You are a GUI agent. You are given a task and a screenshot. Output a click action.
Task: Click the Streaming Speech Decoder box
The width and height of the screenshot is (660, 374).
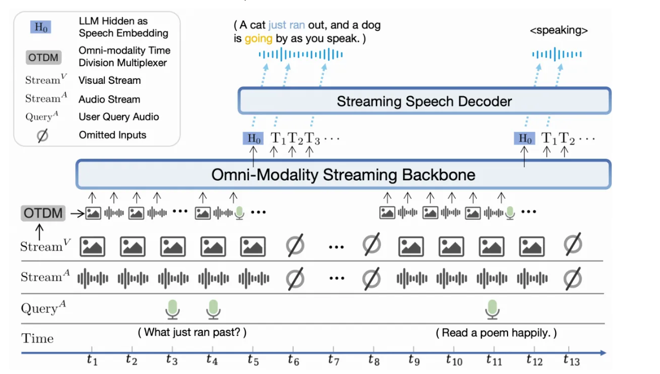(x=424, y=102)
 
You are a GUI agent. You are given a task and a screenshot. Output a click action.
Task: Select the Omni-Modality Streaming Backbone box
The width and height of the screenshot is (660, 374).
(x=343, y=175)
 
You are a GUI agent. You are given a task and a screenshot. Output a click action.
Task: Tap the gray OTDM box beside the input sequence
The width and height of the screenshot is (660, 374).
(x=43, y=214)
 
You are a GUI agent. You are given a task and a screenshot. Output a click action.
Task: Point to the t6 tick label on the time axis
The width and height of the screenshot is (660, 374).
(x=293, y=359)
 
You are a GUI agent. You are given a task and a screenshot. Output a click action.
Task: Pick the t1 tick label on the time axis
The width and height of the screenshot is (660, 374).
(x=92, y=359)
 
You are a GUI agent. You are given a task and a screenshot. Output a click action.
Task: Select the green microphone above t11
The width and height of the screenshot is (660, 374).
(x=492, y=309)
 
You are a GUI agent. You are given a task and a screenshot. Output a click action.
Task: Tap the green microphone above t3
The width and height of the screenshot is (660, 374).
(x=172, y=309)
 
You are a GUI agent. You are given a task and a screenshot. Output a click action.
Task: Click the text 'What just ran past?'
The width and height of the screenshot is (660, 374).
(x=192, y=333)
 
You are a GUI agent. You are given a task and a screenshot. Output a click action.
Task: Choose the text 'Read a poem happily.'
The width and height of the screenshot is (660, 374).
(x=496, y=333)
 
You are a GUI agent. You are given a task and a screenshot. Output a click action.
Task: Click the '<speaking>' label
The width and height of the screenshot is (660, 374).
(x=559, y=31)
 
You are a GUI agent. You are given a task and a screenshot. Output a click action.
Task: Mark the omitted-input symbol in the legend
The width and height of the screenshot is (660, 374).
(x=43, y=135)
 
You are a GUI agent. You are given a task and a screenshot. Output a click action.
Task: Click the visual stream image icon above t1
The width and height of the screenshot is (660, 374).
(x=92, y=246)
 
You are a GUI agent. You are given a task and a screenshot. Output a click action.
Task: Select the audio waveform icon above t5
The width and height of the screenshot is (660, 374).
(x=253, y=278)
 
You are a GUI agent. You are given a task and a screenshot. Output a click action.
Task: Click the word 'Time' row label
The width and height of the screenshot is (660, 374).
(x=37, y=339)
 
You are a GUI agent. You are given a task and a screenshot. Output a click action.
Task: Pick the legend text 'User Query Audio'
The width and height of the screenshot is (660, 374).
(x=119, y=117)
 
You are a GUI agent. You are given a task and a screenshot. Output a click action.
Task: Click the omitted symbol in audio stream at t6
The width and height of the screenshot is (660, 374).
(x=295, y=278)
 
